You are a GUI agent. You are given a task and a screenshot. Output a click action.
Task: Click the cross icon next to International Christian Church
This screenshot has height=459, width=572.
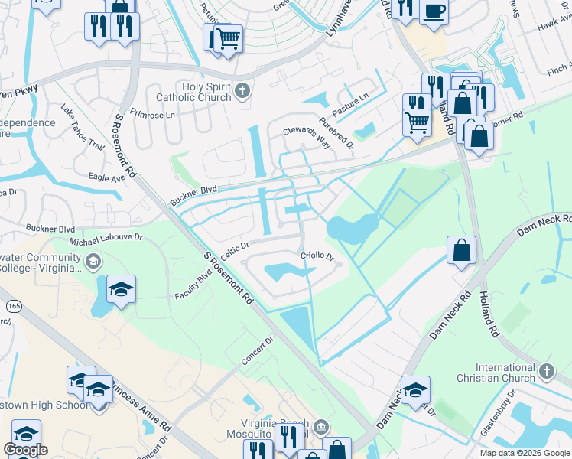click(x=546, y=372)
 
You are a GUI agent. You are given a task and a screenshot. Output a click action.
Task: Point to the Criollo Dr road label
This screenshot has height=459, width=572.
click(x=317, y=256)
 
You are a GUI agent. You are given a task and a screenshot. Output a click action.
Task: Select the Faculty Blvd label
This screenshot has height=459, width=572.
click(x=192, y=285)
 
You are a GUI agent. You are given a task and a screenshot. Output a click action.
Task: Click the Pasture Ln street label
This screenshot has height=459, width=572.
click(x=350, y=103)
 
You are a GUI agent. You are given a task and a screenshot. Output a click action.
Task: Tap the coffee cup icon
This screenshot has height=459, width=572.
click(x=434, y=12)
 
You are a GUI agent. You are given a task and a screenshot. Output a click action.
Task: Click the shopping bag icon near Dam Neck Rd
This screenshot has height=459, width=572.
click(x=462, y=250)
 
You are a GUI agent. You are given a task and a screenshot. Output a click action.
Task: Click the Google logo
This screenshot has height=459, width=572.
click(x=26, y=450)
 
